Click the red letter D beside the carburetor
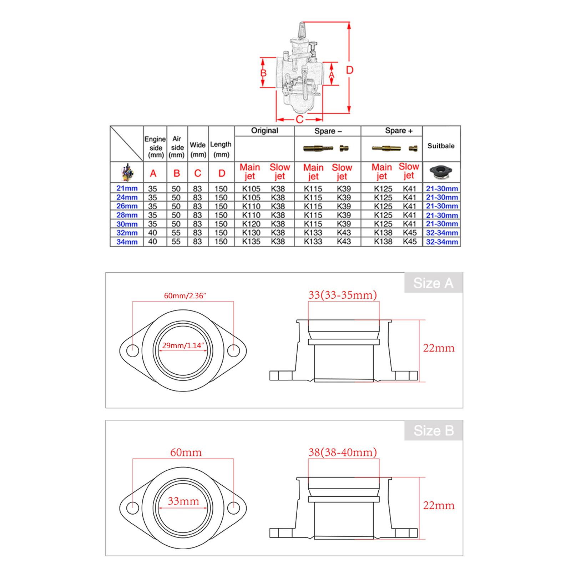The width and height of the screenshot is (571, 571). (349, 70)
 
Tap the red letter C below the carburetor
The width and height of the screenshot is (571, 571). (299, 119)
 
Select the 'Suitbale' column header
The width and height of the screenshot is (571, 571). (441, 146)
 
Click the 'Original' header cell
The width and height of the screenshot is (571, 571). (264, 131)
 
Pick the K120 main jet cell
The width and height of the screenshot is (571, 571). (251, 224)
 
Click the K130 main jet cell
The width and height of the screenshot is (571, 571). (251, 233)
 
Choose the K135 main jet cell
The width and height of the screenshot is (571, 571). (251, 242)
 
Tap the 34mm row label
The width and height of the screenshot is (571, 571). (127, 242)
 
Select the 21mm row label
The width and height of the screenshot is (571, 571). (127, 188)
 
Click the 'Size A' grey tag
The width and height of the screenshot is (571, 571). (433, 283)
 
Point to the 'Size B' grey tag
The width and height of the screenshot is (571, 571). (433, 431)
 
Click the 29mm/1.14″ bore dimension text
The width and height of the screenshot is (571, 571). (183, 345)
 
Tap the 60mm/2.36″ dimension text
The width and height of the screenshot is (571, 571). (185, 295)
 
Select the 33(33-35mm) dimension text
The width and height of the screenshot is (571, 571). (343, 295)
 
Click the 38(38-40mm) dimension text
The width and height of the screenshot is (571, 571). (343, 452)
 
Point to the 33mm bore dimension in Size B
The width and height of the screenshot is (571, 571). (183, 501)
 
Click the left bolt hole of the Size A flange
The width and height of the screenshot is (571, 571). (133, 350)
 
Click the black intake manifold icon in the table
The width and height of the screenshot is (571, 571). (441, 173)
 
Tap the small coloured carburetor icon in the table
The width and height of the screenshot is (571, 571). (127, 173)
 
